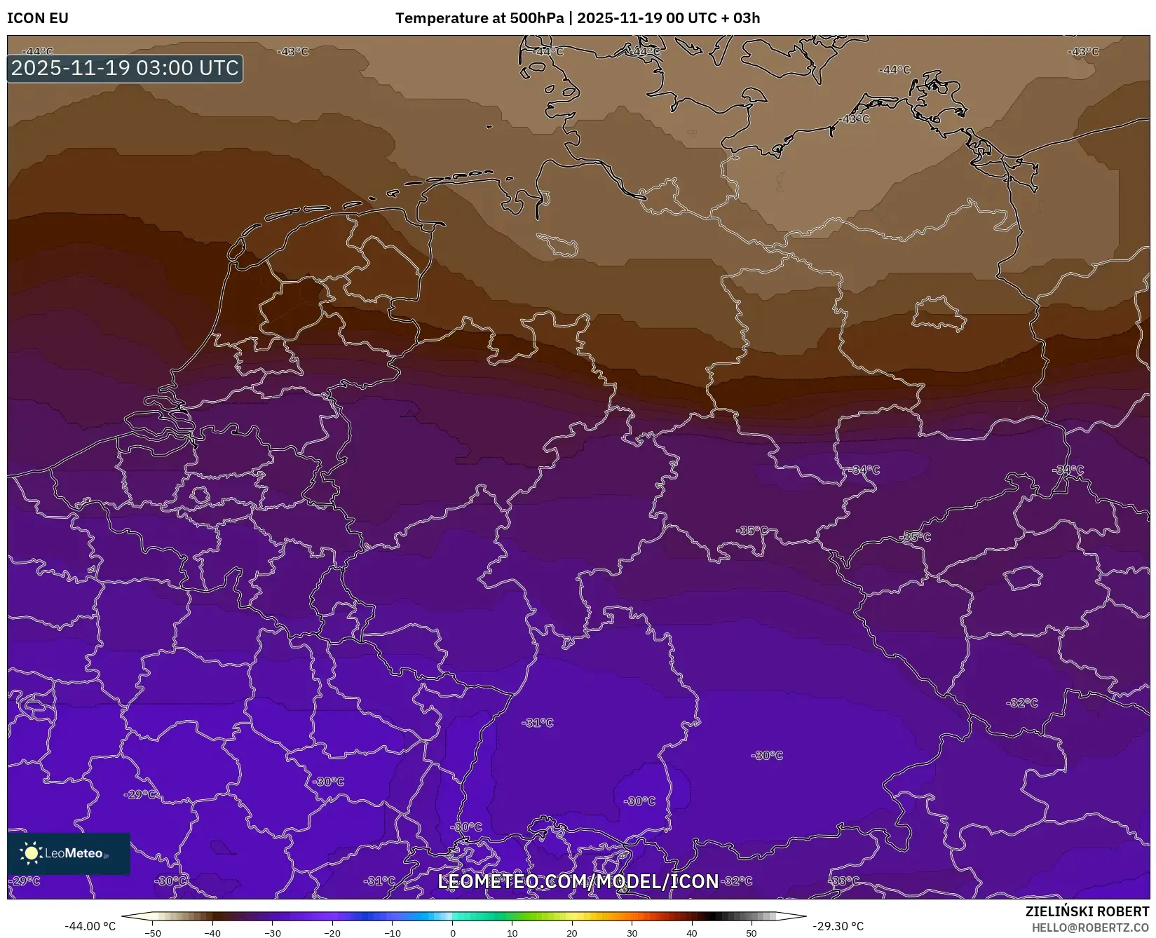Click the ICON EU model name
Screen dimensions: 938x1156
click(x=38, y=18)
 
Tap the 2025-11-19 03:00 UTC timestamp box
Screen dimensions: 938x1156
click(x=125, y=69)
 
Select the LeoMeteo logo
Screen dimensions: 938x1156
click(x=69, y=853)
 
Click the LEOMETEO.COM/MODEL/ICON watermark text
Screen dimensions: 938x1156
click(x=578, y=881)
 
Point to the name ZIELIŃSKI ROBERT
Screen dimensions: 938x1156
click(x=1087, y=912)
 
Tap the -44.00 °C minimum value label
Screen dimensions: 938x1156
click(x=90, y=926)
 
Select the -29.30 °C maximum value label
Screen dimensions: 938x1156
click(x=838, y=926)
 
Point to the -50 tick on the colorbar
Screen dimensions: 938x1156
click(x=153, y=933)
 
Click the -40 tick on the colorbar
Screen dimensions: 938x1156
click(x=212, y=933)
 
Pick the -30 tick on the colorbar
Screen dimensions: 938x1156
click(x=273, y=933)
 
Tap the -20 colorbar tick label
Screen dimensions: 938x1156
click(x=332, y=933)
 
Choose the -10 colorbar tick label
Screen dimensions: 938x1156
click(x=393, y=933)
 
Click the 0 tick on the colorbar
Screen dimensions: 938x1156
click(x=453, y=933)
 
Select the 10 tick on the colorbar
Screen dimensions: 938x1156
click(x=512, y=933)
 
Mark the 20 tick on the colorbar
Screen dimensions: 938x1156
click(x=572, y=933)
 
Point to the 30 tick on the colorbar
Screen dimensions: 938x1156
click(x=632, y=933)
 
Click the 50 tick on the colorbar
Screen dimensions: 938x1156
click(x=752, y=933)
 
